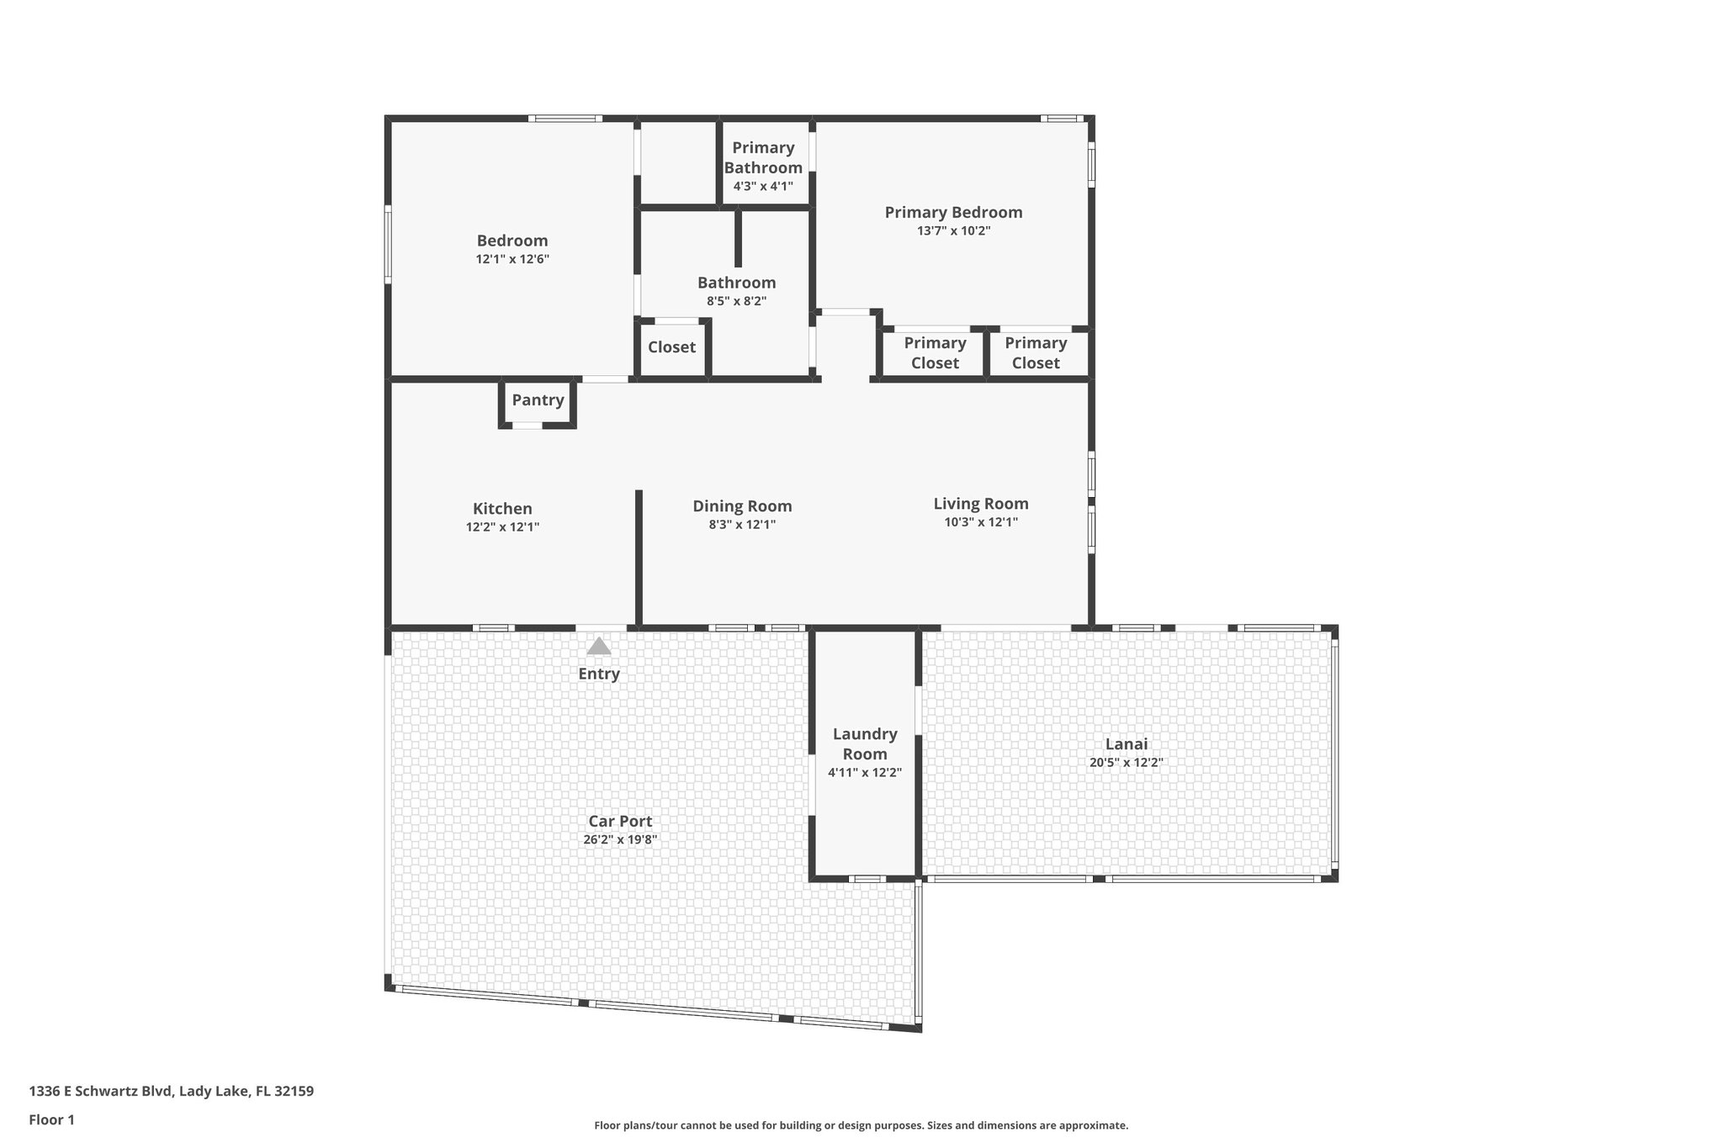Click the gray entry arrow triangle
[598, 647]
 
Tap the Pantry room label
[538, 400]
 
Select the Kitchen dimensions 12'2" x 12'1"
[502, 527]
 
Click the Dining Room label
[742, 506]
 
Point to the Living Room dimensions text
[981, 522]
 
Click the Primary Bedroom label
[953, 213]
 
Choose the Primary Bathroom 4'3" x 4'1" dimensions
[763, 187]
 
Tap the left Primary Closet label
[935, 353]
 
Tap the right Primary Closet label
[1036, 353]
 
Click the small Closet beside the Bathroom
[671, 347]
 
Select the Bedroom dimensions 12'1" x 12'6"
[512, 260]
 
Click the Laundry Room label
[865, 744]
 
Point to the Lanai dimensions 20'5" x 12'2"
[1126, 763]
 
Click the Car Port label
[620, 822]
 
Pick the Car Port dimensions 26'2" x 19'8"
[620, 839]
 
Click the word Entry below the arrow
[598, 674]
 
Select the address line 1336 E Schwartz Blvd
[171, 1092]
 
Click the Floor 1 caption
[51, 1120]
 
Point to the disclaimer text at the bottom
[861, 1125]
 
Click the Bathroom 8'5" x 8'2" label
[736, 291]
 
